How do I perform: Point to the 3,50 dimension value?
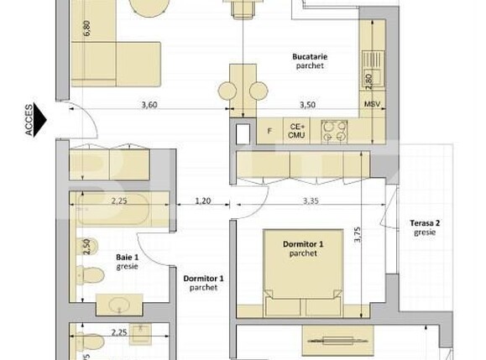(x=307, y=106)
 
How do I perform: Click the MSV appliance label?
(x=372, y=106)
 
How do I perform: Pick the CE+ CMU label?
(x=296, y=131)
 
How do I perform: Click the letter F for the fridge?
(x=269, y=131)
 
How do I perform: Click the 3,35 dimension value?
(x=313, y=201)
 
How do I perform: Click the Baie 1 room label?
(x=128, y=262)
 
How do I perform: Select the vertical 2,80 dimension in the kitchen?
(x=368, y=81)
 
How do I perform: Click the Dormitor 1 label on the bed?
(x=302, y=248)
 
